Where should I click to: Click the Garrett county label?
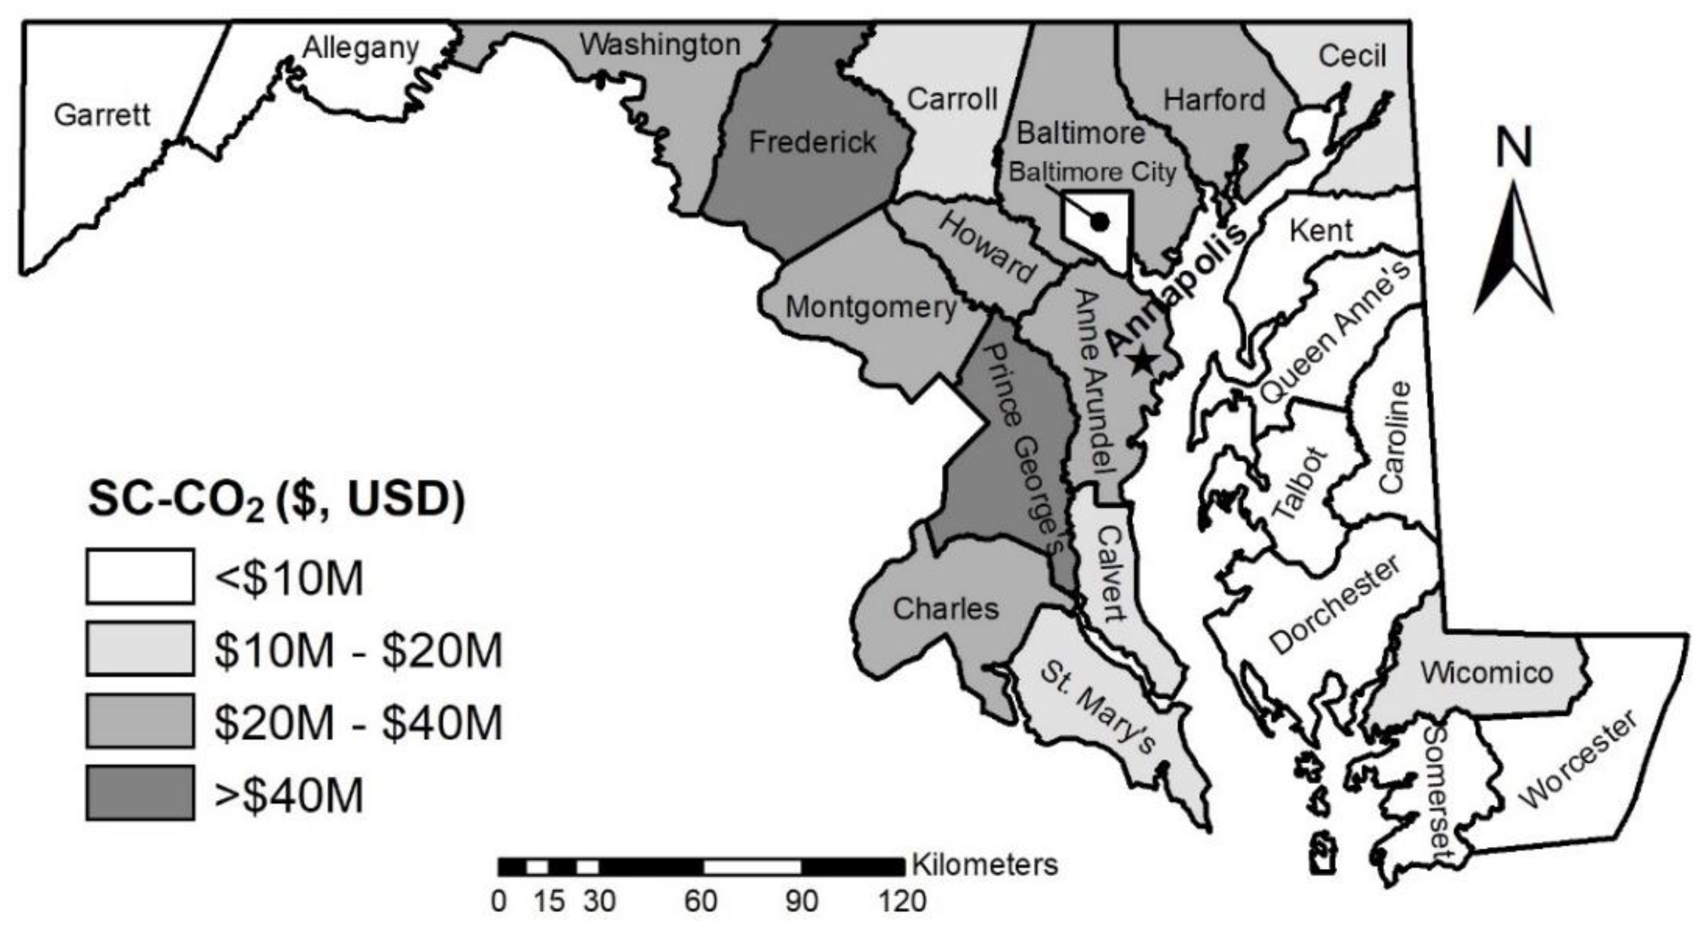coord(102,115)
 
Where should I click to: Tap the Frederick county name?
coord(812,142)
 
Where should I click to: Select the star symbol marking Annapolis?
coord(1143,360)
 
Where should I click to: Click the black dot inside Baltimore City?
coord(1100,222)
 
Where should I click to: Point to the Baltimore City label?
coord(1092,172)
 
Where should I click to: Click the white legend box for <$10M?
coord(140,576)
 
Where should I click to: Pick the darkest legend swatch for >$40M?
coord(140,792)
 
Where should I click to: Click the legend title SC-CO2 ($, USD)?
coord(277,500)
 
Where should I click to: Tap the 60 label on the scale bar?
coord(701,901)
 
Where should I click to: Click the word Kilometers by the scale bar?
coord(985,865)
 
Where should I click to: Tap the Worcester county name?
coord(1580,767)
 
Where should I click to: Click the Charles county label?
coord(945,609)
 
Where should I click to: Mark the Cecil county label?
coord(1352,56)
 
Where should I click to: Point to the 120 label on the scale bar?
coord(902,901)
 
